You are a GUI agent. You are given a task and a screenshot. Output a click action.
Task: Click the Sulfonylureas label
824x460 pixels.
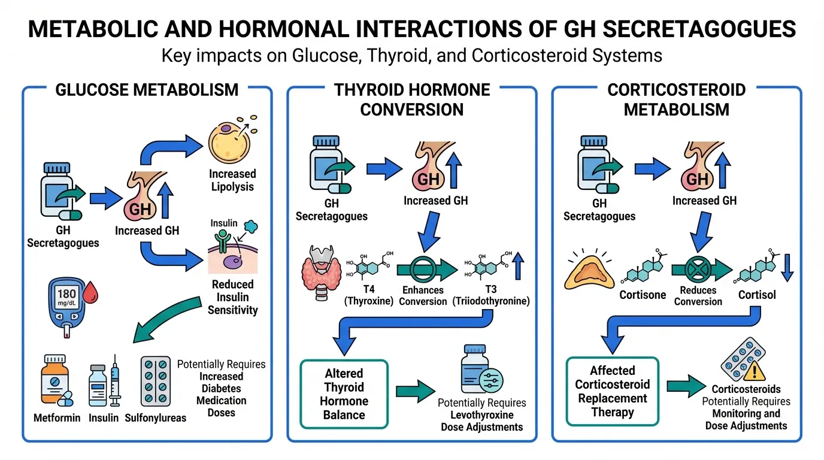(156, 417)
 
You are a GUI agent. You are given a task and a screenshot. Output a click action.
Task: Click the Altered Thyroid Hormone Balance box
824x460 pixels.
(344, 394)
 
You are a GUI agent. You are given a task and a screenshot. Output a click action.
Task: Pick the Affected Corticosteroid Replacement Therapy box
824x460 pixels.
(611, 391)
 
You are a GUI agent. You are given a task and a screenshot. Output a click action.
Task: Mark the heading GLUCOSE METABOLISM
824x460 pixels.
(147, 90)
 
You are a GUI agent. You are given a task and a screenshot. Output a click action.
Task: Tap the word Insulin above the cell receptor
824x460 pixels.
(224, 223)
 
